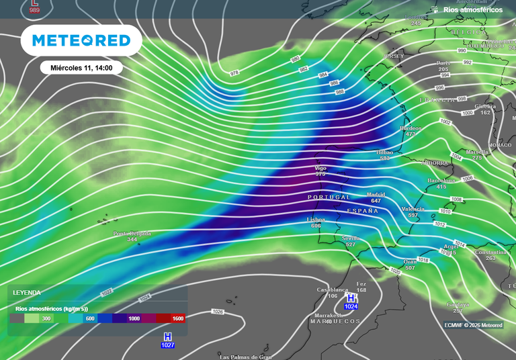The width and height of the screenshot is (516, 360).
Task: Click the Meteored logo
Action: (x=81, y=41)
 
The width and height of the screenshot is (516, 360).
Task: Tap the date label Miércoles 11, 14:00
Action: (x=81, y=68)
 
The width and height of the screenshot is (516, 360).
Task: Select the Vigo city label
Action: (x=320, y=168)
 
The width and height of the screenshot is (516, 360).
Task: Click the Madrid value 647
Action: (x=376, y=201)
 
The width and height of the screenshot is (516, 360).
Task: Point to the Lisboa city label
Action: (x=316, y=219)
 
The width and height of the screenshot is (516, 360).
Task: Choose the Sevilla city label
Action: (x=351, y=238)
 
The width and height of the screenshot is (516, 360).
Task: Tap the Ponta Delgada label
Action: (x=132, y=234)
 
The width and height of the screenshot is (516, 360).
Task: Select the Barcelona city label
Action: (x=441, y=180)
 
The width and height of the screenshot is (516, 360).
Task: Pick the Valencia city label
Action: (x=413, y=209)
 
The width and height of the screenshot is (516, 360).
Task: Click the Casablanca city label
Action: (x=333, y=289)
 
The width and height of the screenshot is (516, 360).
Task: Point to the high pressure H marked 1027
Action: (x=168, y=336)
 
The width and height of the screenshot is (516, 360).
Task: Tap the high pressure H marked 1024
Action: (x=351, y=297)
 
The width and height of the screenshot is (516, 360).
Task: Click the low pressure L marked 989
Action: (x=34, y=3)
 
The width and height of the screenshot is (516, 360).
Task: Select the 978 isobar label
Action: (x=234, y=73)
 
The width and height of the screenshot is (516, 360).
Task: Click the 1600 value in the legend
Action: (x=177, y=319)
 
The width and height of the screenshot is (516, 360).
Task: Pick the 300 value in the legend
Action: (x=46, y=319)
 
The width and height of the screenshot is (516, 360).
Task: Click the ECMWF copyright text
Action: (x=473, y=325)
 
